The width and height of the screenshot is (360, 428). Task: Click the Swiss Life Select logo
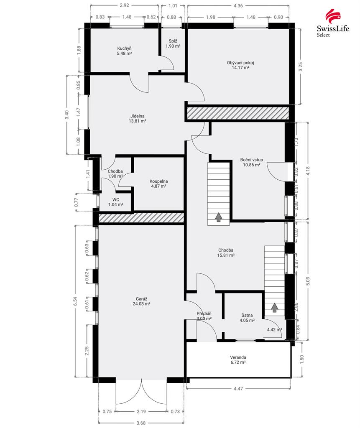(x=333, y=23)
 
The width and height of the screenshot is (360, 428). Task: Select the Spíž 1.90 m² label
(x=173, y=43)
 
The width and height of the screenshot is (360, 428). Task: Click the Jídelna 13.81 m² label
(x=138, y=118)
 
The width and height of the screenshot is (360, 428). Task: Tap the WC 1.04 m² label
(x=115, y=202)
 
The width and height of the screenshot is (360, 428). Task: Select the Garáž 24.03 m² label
(x=141, y=301)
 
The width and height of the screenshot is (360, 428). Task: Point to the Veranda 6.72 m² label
(x=238, y=360)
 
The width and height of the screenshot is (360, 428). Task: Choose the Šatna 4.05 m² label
(x=247, y=318)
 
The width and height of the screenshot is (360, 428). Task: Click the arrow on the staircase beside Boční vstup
(x=219, y=217)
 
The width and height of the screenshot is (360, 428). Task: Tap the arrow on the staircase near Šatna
(x=275, y=308)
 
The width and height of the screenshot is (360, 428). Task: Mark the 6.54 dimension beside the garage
(x=76, y=301)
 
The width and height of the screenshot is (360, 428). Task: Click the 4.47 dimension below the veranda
(x=238, y=388)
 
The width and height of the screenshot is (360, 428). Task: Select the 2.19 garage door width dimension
(x=141, y=411)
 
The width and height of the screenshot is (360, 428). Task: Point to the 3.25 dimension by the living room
(x=301, y=66)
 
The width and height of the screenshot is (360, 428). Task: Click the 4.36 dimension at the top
(x=238, y=5)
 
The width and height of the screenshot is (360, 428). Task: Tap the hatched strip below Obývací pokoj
(x=238, y=113)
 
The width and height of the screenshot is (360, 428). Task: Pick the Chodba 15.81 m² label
(x=226, y=253)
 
